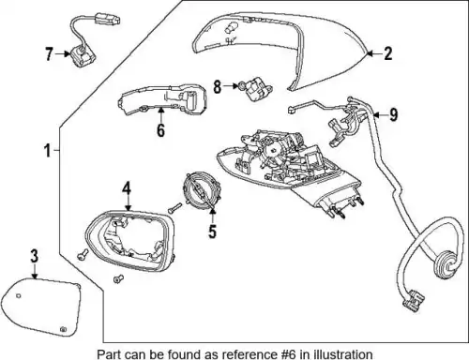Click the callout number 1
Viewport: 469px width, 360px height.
click(47, 151)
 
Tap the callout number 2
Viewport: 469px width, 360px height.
click(387, 53)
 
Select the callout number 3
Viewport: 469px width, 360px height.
click(35, 256)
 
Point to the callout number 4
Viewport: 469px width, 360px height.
click(127, 189)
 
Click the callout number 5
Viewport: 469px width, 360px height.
click(212, 232)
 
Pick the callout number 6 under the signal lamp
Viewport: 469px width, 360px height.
click(160, 129)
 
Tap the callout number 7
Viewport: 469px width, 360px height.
click(49, 53)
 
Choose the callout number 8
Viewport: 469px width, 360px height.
click(218, 86)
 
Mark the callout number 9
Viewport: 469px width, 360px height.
click(393, 114)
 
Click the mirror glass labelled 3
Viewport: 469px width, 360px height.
click(40, 307)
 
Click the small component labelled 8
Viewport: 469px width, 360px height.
click(256, 89)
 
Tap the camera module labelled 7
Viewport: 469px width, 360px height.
click(83, 56)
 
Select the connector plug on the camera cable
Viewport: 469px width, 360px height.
click(107, 19)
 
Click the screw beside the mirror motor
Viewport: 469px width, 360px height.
click(174, 208)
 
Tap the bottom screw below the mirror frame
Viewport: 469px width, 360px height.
click(118, 278)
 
